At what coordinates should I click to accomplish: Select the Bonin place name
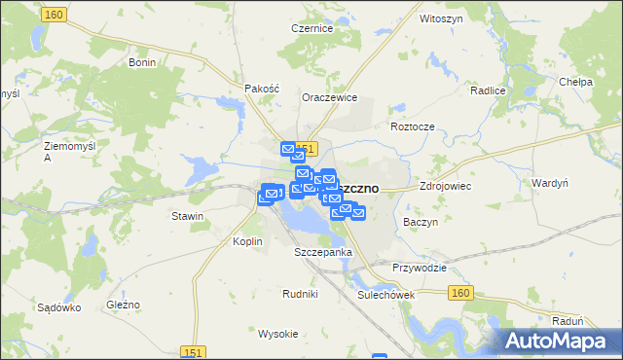pos(143,61)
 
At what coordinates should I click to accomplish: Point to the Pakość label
pos(262,88)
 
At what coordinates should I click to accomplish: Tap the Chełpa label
pos(577,83)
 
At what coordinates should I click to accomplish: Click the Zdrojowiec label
pos(444,184)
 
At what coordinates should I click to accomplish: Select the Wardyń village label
pos(550,182)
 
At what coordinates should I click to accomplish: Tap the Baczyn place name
pos(420,222)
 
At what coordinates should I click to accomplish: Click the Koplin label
pos(248,241)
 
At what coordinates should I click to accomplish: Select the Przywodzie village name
pos(420,268)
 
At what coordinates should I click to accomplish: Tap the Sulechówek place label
pos(386,295)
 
